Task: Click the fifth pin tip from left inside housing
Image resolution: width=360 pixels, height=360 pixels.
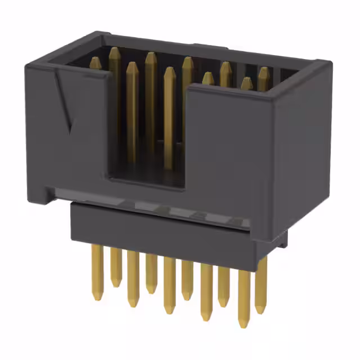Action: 169,71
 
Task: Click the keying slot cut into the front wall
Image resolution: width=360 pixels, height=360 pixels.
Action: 147,163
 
